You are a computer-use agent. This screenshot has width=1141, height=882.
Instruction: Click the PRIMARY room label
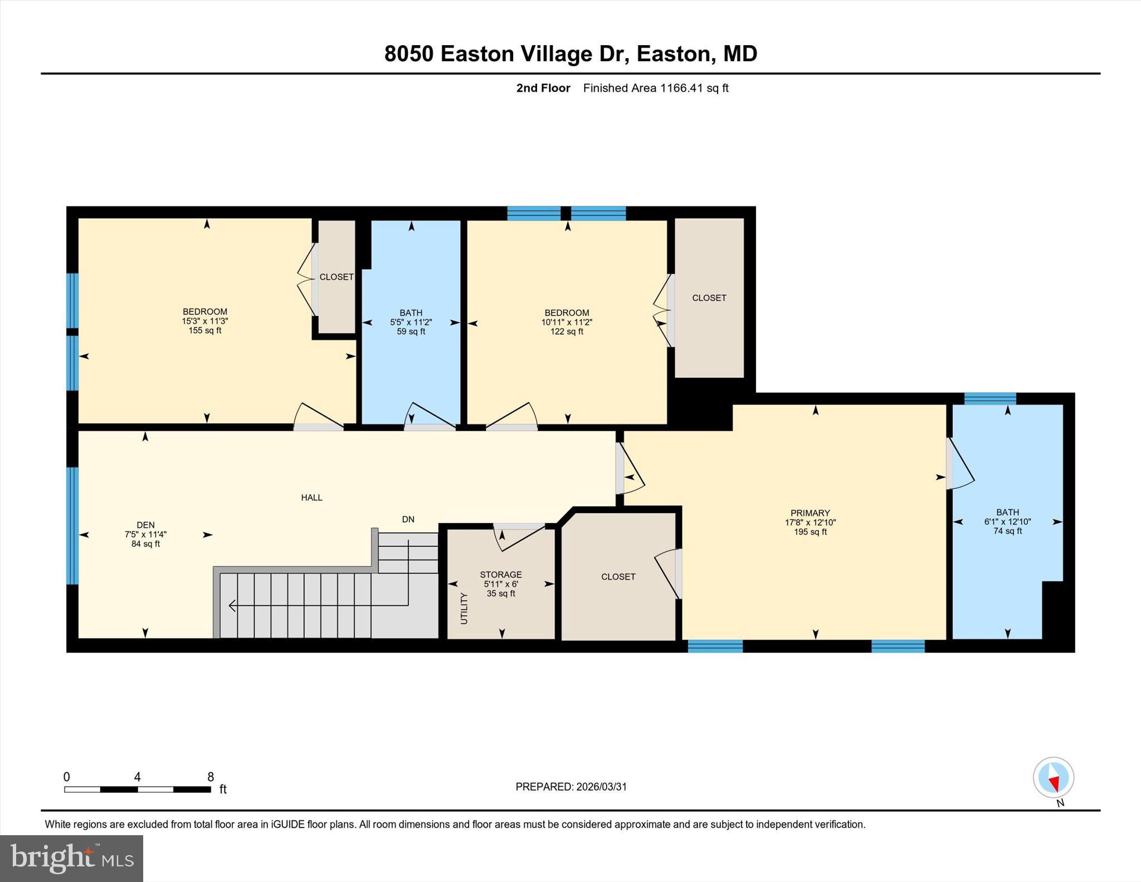point(810,513)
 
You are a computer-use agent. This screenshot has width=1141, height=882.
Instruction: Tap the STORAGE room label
point(501,574)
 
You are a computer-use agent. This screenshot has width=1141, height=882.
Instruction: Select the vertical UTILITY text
point(464,608)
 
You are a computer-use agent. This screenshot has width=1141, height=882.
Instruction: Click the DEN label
point(145,525)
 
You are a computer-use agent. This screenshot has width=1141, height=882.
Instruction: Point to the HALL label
point(311,498)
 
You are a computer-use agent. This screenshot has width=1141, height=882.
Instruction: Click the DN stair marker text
point(408,519)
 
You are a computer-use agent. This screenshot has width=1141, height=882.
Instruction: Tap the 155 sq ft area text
point(204,330)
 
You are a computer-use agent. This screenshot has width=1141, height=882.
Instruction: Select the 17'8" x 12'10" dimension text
point(810,523)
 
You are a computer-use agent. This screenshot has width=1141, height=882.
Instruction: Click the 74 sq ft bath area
point(1007,531)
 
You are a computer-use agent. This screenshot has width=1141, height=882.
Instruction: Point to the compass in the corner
point(1053,777)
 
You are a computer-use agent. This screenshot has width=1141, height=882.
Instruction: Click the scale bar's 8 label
point(211,777)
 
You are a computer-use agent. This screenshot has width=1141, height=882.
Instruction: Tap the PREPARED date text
point(571,787)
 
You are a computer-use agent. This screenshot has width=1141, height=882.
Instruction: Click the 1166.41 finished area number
point(682,88)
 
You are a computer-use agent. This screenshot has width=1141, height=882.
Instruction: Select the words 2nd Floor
point(543,88)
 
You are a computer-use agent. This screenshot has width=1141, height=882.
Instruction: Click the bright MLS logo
point(71,857)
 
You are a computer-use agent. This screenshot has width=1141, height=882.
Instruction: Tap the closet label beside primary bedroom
point(618,577)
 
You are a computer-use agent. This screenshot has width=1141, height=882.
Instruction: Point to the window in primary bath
point(990,398)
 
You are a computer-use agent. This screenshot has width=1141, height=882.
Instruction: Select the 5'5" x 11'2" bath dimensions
point(411,322)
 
